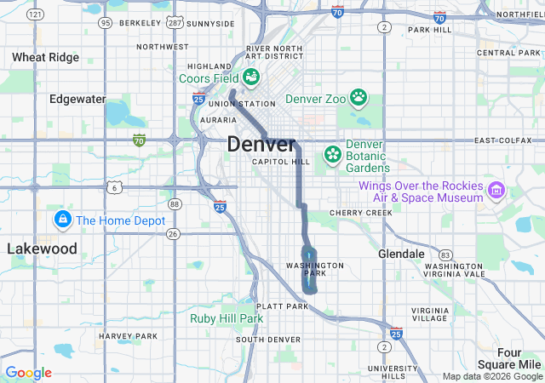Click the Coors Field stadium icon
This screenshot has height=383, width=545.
251,77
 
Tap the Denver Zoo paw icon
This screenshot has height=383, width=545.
359,98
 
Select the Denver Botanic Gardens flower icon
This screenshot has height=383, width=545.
332,155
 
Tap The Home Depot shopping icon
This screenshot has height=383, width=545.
62,220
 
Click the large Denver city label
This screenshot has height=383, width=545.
261,145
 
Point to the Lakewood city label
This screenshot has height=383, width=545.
43,249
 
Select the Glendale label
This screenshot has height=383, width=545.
401,254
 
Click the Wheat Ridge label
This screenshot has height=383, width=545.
46,58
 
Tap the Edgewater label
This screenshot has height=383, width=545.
77,99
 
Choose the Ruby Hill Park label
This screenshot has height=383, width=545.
227,318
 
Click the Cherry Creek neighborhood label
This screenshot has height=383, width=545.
362,213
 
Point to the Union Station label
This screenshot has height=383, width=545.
234,104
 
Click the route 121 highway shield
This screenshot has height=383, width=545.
35,15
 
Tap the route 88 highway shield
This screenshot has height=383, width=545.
175,203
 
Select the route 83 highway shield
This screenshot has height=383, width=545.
445,254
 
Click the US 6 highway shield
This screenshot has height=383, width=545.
114,186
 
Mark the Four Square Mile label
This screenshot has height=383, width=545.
520,358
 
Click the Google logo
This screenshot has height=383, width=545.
28,373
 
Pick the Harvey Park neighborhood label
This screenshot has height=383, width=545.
128,336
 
